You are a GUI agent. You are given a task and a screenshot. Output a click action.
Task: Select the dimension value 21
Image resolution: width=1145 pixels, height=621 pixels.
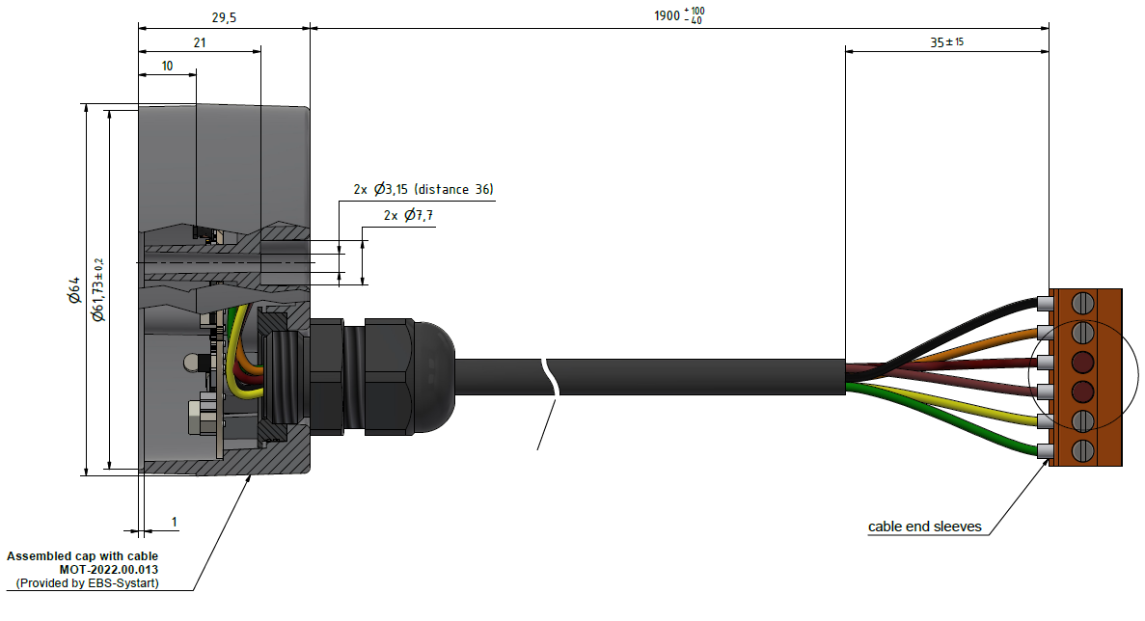pyautogui.click(x=200, y=42)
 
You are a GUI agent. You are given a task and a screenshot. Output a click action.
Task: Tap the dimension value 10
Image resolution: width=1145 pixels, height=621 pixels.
pyautogui.click(x=167, y=66)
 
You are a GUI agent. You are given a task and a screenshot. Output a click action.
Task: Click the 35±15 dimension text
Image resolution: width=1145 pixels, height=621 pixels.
pyautogui.click(x=947, y=42)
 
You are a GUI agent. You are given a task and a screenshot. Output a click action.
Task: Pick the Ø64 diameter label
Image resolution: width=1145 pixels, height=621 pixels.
pyautogui.click(x=74, y=290)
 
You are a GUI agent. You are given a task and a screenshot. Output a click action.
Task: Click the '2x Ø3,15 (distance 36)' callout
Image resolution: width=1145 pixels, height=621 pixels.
pyautogui.click(x=423, y=189)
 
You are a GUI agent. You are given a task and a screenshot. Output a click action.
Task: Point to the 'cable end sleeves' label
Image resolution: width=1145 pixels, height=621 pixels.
pyautogui.click(x=924, y=526)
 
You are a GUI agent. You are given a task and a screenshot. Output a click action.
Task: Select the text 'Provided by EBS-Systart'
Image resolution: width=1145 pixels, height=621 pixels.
pyautogui.click(x=88, y=583)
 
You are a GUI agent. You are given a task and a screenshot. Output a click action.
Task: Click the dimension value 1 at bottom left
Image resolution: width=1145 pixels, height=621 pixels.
pyautogui.click(x=175, y=522)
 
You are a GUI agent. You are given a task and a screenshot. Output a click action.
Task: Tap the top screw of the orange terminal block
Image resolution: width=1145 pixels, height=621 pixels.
pyautogui.click(x=1083, y=303)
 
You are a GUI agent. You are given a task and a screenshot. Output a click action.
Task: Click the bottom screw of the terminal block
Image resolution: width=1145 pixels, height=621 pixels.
pyautogui.click(x=1083, y=450)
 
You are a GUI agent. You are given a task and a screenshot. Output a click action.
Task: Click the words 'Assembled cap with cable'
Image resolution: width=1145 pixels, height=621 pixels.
pyautogui.click(x=82, y=556)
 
